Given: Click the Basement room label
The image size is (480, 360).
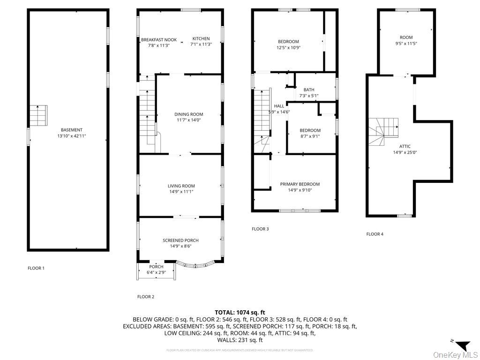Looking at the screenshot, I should (x=71, y=130).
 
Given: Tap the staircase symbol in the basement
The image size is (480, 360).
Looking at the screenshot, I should (x=39, y=115).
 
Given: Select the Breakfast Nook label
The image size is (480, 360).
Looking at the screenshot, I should (x=159, y=40).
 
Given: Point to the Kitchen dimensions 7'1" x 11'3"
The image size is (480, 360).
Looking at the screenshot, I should (x=201, y=45).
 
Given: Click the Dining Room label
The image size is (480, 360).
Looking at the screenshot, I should (x=188, y=114).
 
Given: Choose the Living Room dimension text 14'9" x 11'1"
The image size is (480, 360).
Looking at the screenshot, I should (x=181, y=191).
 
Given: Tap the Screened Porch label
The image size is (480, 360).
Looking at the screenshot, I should (x=180, y=240).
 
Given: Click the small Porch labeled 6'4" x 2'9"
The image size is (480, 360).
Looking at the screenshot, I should (x=156, y=270).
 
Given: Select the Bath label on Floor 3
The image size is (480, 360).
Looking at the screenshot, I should (x=309, y=90).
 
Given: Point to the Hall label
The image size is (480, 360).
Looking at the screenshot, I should (x=279, y=106).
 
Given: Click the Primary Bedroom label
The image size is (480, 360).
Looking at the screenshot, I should (x=300, y=184).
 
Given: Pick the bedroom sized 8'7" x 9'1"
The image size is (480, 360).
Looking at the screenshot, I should (x=310, y=133).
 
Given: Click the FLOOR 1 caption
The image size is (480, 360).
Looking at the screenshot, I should (x=36, y=268).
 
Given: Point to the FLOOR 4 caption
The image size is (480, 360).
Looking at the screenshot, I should (x=375, y=234).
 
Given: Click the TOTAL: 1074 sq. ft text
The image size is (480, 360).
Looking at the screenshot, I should (x=240, y=312).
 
